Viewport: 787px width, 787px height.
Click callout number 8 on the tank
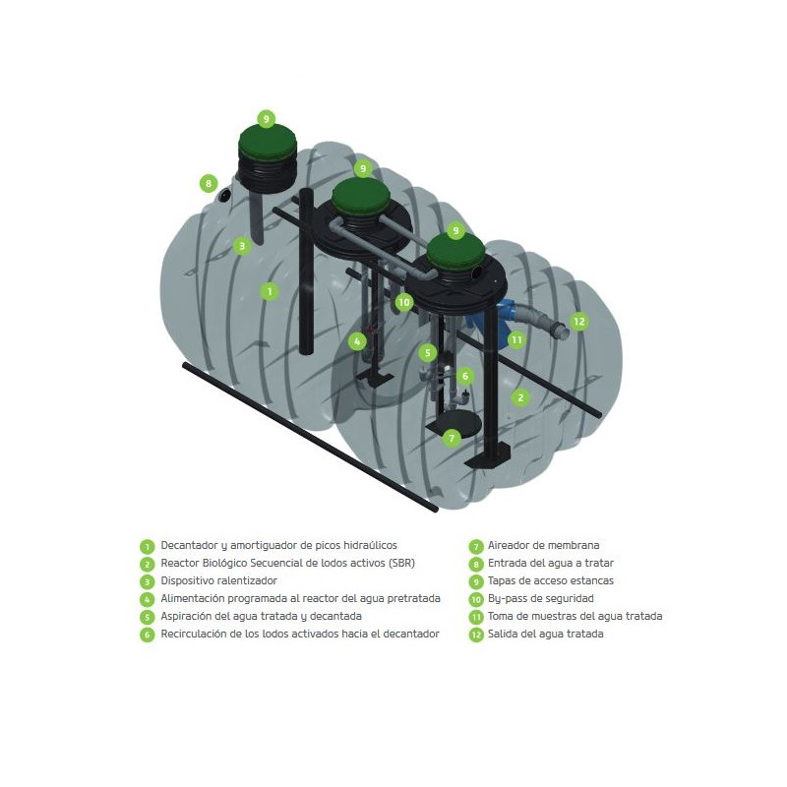tap(209, 184)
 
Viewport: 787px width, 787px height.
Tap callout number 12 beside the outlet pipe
tap(579, 322)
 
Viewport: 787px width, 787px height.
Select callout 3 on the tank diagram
tap(242, 246)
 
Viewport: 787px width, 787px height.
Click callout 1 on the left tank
tap(270, 291)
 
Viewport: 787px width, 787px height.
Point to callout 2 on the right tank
tap(520, 397)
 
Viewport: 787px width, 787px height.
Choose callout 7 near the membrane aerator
tap(452, 438)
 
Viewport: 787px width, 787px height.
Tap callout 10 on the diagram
tap(404, 302)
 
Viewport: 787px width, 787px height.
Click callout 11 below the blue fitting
tap(516, 340)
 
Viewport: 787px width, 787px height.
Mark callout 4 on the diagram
tap(357, 341)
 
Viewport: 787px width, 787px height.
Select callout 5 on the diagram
tap(428, 353)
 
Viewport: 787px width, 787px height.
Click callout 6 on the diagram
tap(465, 376)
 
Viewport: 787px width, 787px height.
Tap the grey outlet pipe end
tap(561, 331)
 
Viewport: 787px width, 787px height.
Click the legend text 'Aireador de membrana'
tap(544, 545)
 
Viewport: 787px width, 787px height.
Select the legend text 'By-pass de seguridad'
tap(540, 598)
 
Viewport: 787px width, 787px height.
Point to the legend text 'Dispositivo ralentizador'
tap(218, 580)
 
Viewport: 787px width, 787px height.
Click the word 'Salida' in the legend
tap(502, 634)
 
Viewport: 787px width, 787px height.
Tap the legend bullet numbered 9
tap(476, 581)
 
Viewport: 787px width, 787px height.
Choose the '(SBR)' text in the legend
tap(401, 563)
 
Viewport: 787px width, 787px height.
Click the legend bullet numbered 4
tap(147, 599)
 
